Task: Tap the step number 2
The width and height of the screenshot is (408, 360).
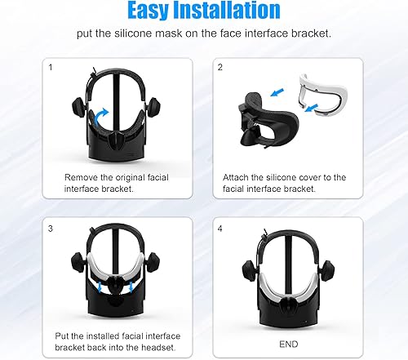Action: click(x=221, y=68)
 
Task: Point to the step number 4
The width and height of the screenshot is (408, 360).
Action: click(x=221, y=229)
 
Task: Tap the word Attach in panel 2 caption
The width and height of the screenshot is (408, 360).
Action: click(x=238, y=176)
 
